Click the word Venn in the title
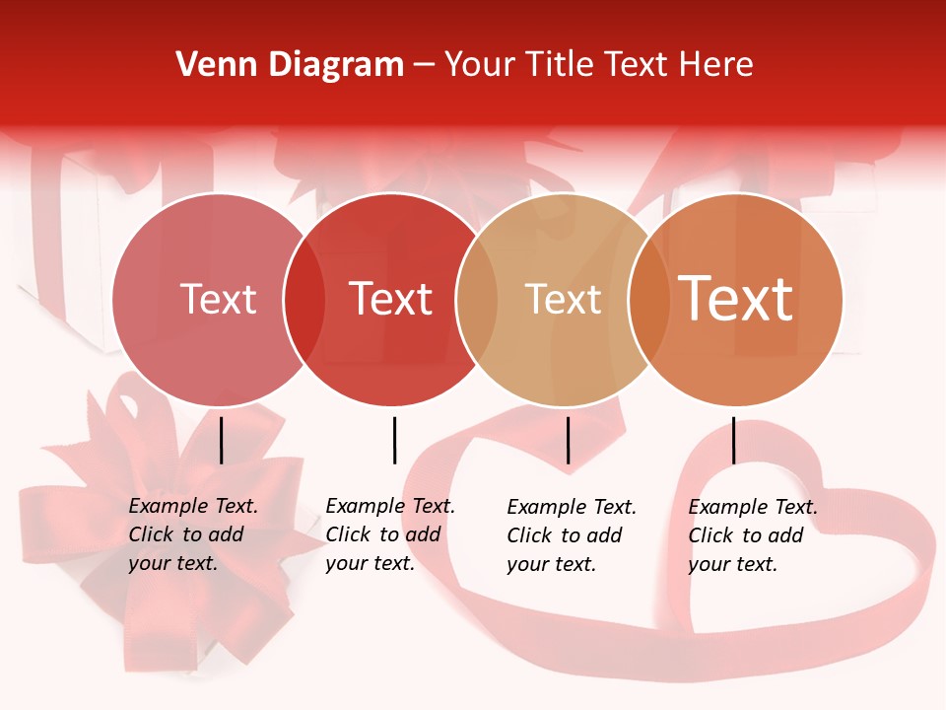(x=205, y=65)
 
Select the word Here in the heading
(x=716, y=65)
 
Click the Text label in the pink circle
(x=219, y=299)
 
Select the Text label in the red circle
(x=391, y=299)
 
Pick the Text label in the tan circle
(x=563, y=299)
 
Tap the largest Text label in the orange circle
(x=736, y=299)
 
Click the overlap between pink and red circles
(x=304, y=300)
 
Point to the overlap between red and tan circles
(x=477, y=300)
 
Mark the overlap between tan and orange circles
(x=648, y=300)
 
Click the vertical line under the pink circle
(x=222, y=440)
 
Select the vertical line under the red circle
(x=394, y=440)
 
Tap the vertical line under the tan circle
(x=568, y=440)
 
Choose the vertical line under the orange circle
(x=733, y=440)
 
